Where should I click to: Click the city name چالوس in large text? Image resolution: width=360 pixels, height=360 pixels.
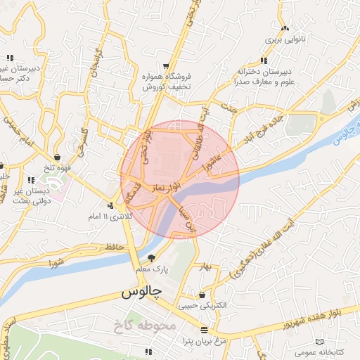[x=142, y=290]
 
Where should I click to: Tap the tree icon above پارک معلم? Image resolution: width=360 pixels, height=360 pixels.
[x=150, y=258]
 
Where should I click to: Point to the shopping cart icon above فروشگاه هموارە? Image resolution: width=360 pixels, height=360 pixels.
[x=165, y=66]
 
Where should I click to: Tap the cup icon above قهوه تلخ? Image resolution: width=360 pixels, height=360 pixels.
[x=57, y=156]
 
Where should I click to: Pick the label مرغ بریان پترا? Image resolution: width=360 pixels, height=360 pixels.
[x=204, y=340]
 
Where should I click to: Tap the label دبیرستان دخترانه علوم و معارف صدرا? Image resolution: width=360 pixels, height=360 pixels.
[x=263, y=77]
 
